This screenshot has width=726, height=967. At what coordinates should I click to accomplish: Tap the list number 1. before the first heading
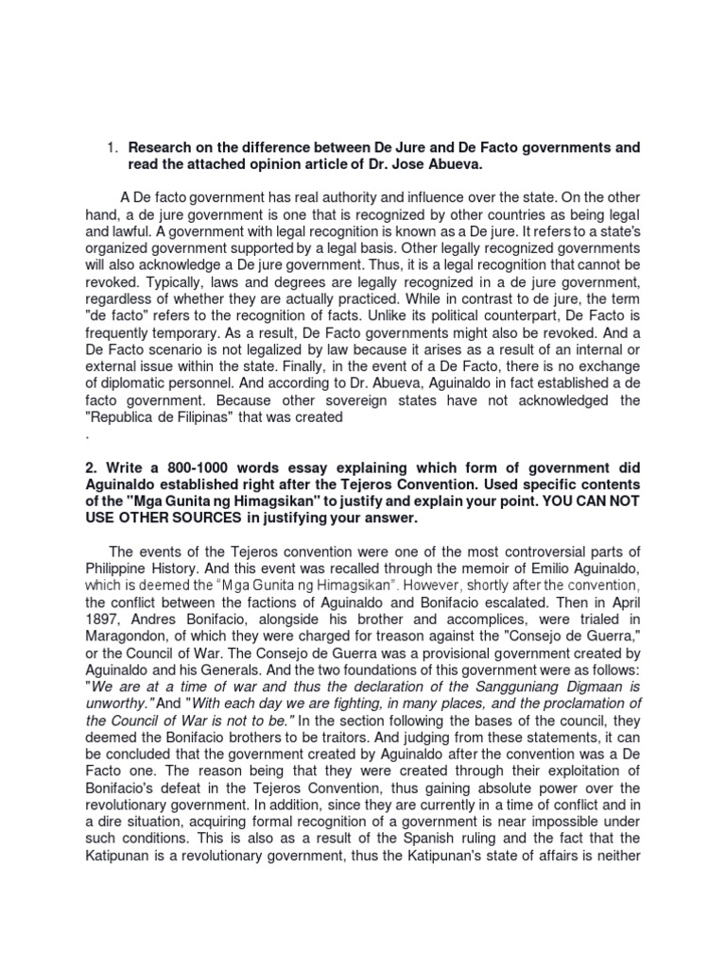[x=111, y=148]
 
